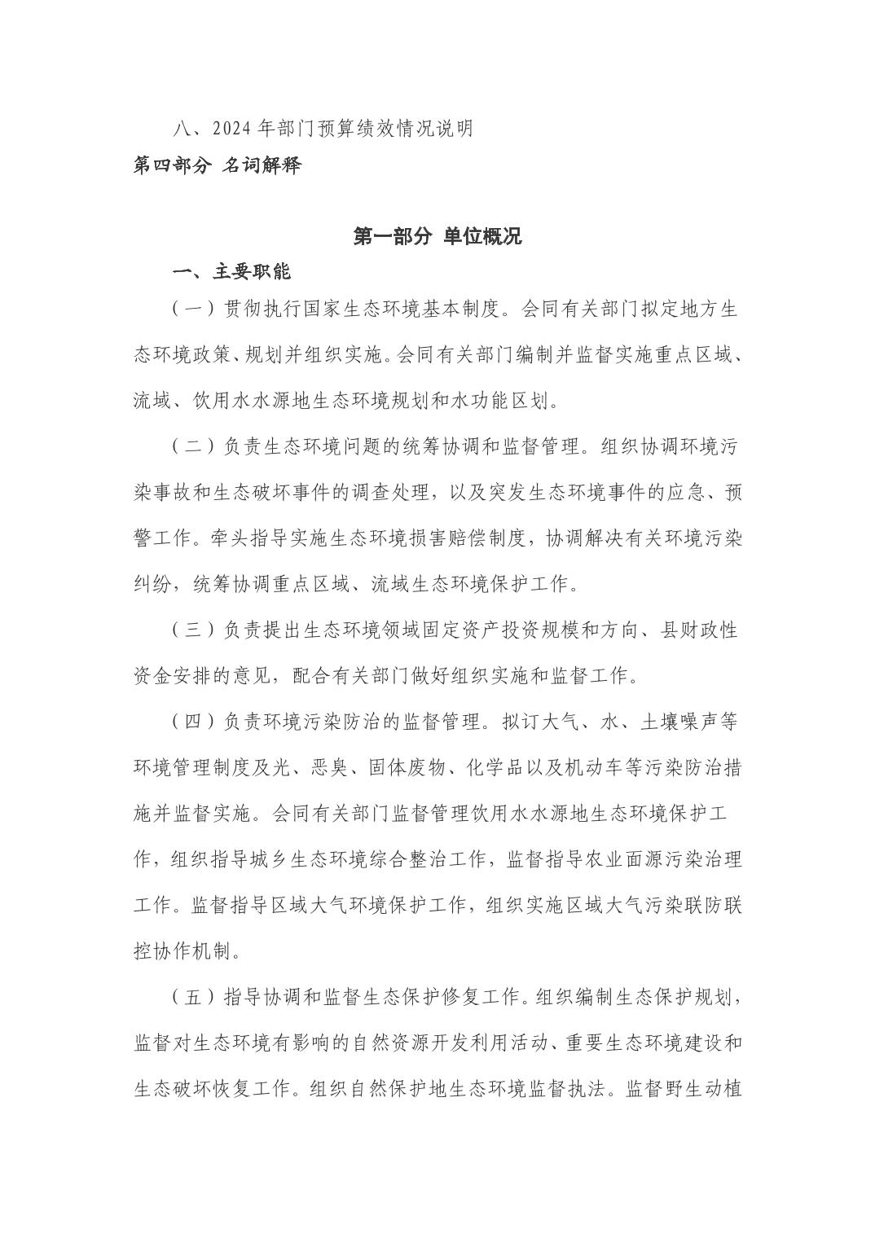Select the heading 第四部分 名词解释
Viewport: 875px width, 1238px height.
(x=218, y=165)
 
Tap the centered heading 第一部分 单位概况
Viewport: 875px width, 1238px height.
(x=437, y=236)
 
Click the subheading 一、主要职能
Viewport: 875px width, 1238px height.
(x=231, y=272)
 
